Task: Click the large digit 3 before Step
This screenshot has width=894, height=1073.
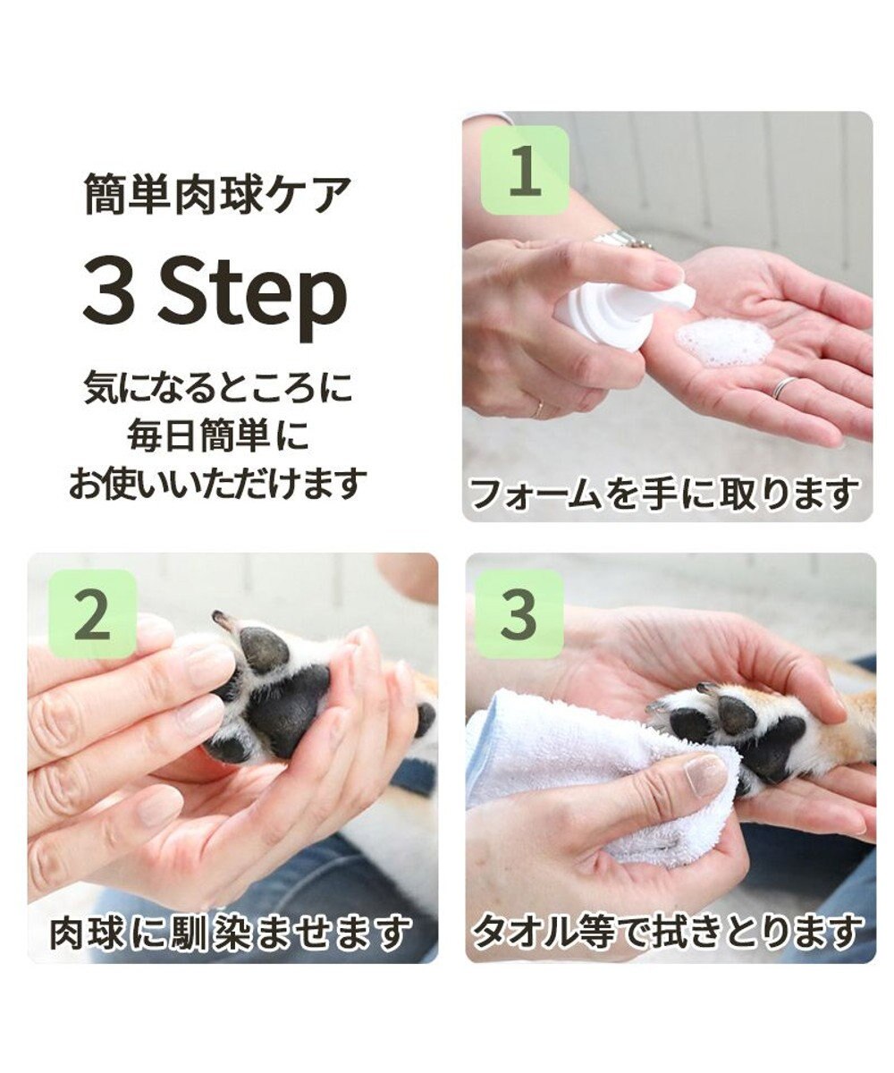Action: (110, 294)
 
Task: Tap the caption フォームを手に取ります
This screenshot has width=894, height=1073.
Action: (664, 494)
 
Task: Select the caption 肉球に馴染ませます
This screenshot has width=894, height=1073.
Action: (230, 934)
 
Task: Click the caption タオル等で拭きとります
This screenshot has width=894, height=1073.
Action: (667, 934)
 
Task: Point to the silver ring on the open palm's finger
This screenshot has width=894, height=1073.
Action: (783, 387)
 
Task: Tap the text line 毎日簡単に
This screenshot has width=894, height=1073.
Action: (216, 436)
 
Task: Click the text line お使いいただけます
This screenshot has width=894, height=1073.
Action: (217, 483)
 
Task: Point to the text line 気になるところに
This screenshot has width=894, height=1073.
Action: (217, 389)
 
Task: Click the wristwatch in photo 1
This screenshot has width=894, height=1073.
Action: (620, 239)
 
